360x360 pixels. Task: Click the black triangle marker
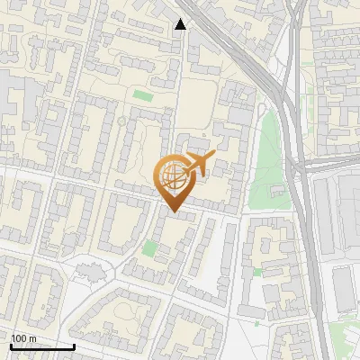pos(181,23)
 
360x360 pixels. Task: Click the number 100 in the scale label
pos(18,338)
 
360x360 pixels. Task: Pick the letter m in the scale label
pos(32,338)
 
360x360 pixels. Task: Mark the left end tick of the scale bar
pos(11,346)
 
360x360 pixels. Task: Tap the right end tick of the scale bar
pos(74,346)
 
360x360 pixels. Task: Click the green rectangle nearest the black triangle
pos(143,94)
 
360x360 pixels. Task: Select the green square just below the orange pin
pos(148,247)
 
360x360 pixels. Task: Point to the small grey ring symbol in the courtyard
pos(121,121)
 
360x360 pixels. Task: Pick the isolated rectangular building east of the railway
pos(344,288)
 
